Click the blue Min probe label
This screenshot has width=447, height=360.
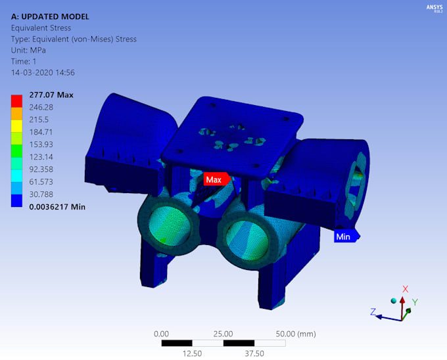[x=344, y=236]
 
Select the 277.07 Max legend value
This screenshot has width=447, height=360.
[x=51, y=95]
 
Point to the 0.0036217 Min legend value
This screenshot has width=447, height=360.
[x=58, y=207]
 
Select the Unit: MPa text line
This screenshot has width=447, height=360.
[x=30, y=50]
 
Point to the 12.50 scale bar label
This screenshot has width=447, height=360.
[x=192, y=353]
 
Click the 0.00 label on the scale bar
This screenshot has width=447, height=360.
[x=161, y=334]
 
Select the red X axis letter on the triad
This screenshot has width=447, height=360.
[x=406, y=289]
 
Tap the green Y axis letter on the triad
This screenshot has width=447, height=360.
[x=415, y=303]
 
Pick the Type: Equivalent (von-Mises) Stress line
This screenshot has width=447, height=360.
[x=74, y=39]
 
